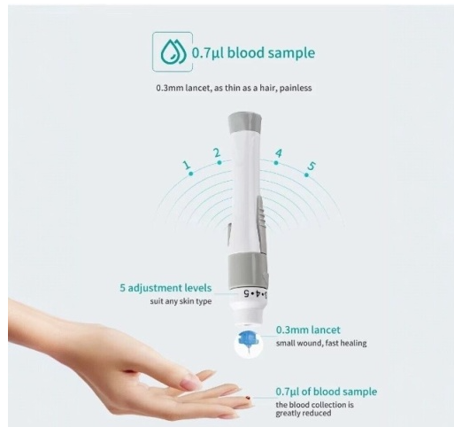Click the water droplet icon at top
173,52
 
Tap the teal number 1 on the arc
187,165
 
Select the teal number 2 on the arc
217,152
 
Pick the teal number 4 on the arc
278,153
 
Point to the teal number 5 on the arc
312,166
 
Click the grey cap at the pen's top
244,122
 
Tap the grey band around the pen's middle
247,269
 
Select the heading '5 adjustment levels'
165,288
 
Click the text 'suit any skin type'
181,301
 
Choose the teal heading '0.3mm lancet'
308,330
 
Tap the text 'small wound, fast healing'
321,343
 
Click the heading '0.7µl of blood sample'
327,392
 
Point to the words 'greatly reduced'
304,413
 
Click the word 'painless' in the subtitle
296,88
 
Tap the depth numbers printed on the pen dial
255,293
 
